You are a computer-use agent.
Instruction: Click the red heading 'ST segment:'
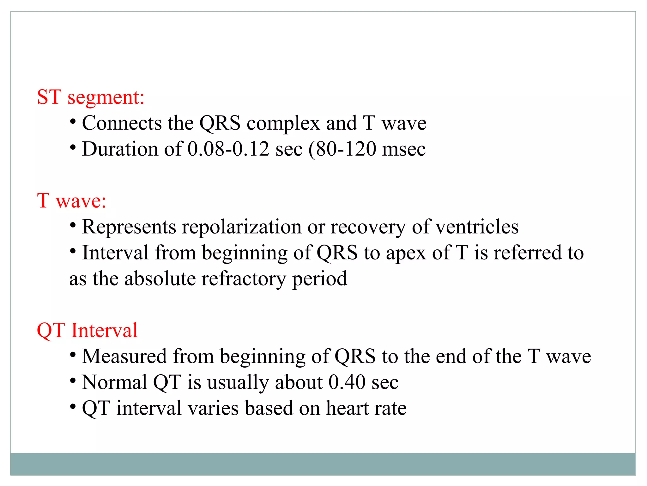91,97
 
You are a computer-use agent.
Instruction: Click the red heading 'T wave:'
71,201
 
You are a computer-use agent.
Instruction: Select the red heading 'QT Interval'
87,330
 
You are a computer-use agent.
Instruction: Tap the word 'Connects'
122,123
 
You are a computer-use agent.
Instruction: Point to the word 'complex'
283,124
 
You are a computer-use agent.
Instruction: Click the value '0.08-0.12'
228,149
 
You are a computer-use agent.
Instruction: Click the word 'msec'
403,150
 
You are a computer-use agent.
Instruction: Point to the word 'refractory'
244,279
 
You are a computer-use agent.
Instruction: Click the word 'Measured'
124,357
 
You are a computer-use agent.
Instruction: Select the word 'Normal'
115,383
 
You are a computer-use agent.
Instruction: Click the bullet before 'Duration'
73,147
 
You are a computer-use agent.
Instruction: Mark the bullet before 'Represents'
73,225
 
